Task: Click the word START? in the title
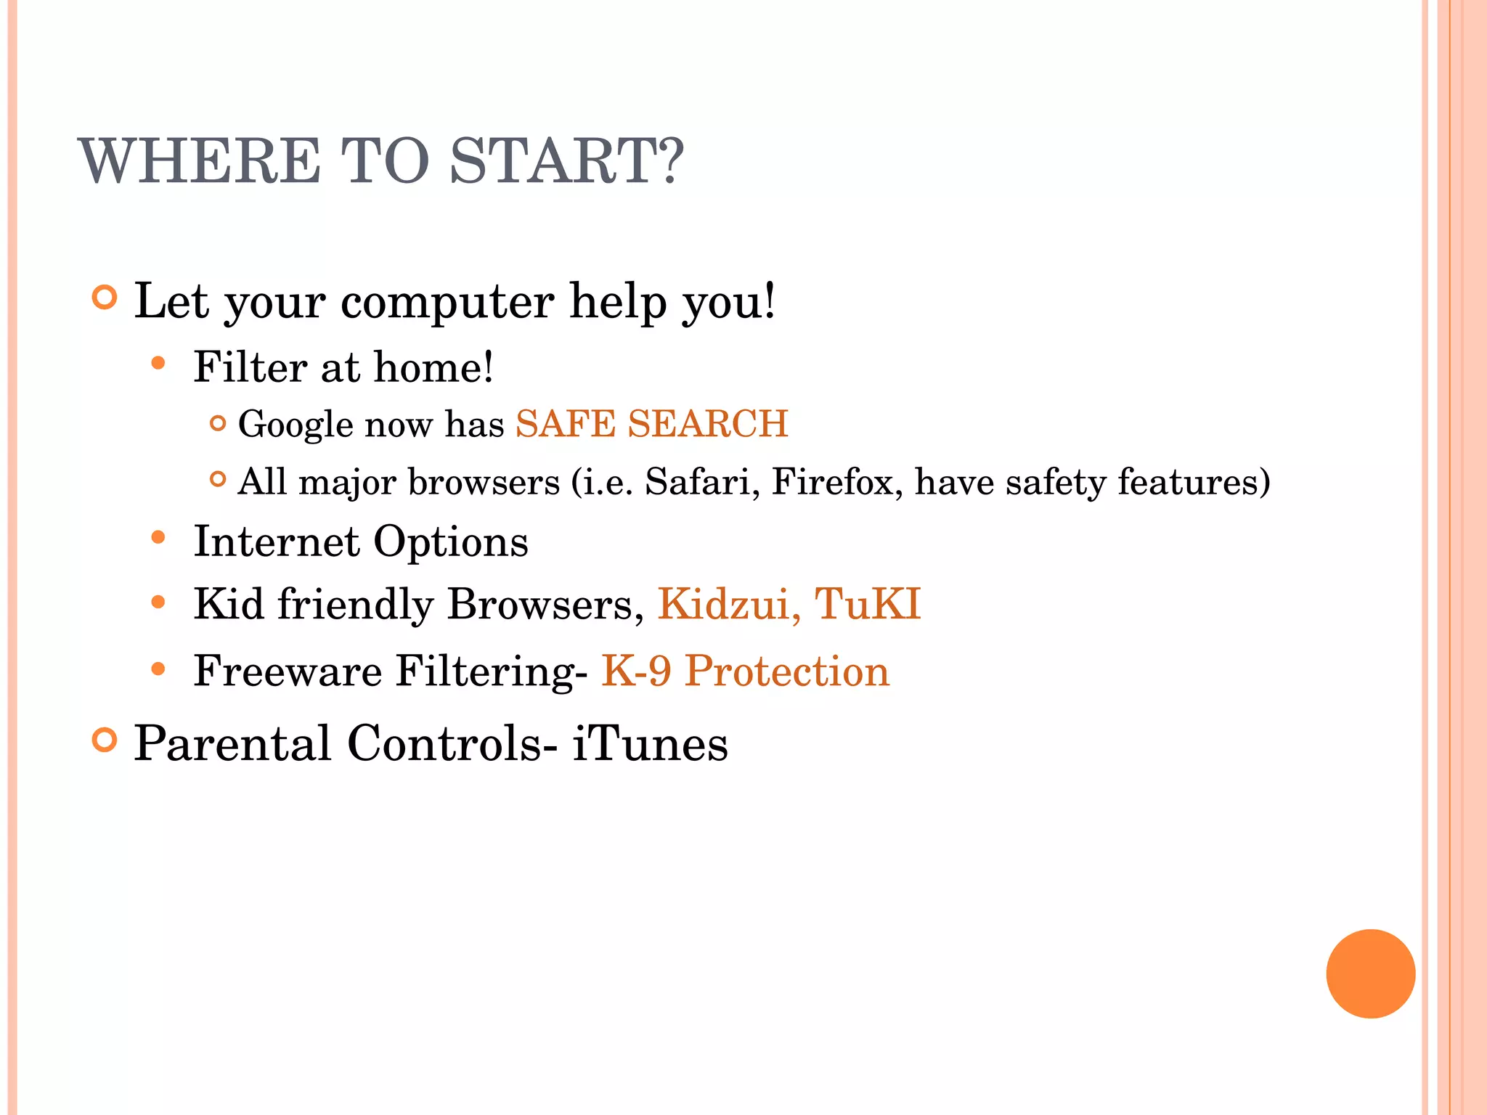coord(566,161)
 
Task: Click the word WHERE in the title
coord(200,161)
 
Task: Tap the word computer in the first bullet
coord(447,302)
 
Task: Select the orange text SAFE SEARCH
coord(651,424)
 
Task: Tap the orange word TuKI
coord(868,604)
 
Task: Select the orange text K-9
coord(636,671)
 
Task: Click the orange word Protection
coord(787,671)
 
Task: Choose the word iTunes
coord(650,743)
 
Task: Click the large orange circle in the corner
coord(1370,973)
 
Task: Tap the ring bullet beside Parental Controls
coord(105,740)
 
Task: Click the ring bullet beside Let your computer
coord(105,298)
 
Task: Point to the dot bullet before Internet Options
coord(158,538)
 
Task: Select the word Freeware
coord(288,671)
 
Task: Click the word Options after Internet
coord(451,542)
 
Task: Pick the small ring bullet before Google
coord(217,422)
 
